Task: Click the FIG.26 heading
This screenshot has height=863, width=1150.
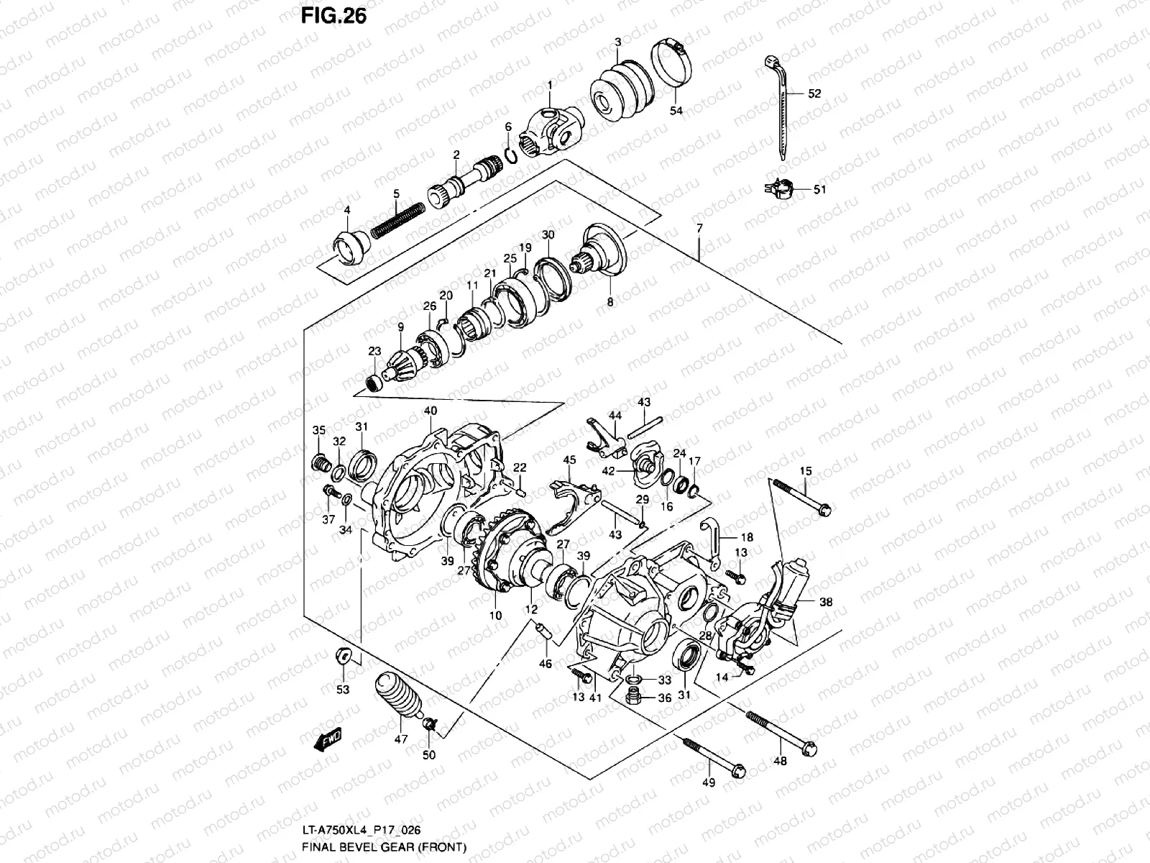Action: click(333, 15)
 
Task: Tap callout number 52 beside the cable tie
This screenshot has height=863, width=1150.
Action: click(814, 94)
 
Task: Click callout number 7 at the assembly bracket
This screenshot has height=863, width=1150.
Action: click(699, 227)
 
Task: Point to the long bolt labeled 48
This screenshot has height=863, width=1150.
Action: click(780, 730)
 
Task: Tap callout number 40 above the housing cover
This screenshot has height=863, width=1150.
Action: click(431, 411)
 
